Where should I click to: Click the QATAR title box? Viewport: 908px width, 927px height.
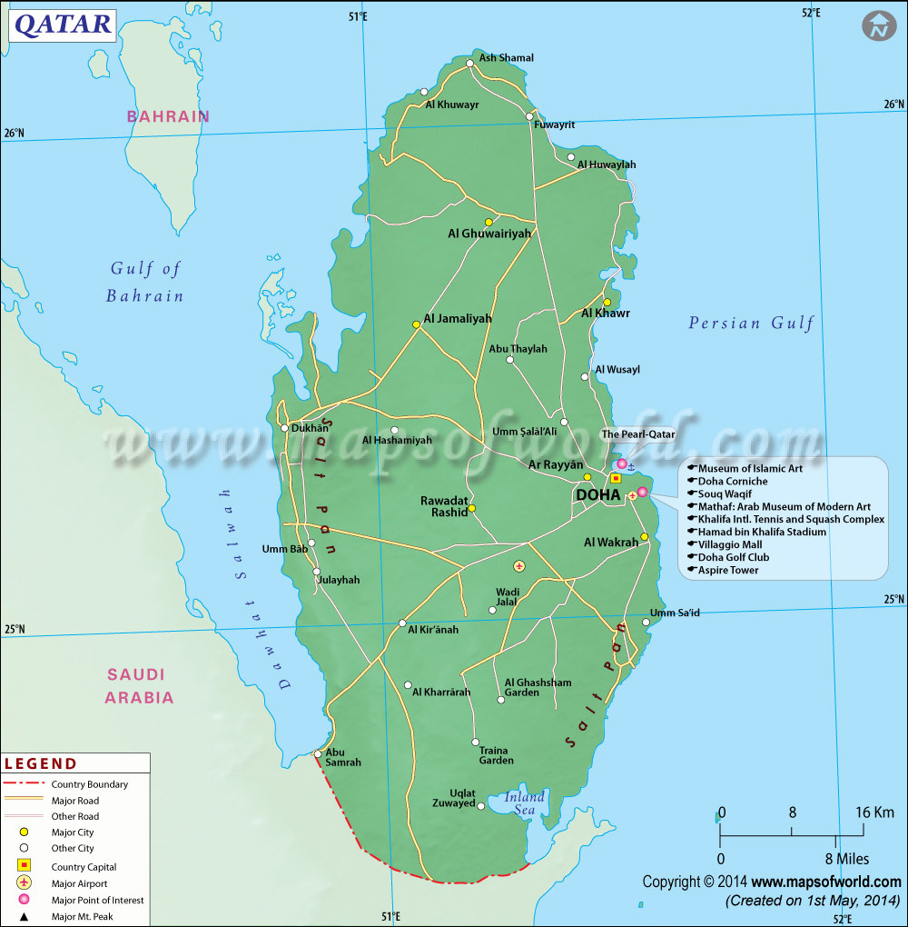pos(62,24)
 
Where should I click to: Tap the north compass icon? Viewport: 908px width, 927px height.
pos(878,25)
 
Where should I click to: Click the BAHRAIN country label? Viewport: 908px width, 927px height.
pos(168,116)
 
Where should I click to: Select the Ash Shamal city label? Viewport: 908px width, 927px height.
pos(506,58)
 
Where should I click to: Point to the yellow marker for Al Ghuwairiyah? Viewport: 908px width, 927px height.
pos(489,222)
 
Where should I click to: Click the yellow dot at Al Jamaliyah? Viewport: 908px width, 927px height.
pos(416,324)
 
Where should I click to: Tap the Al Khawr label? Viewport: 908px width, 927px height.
pos(606,314)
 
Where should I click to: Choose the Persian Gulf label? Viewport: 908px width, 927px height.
pos(751,323)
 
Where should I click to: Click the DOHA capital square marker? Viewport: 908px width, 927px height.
pos(616,478)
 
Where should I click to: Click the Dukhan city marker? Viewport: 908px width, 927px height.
pos(284,428)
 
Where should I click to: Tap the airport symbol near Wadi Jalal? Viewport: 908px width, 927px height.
pos(519,566)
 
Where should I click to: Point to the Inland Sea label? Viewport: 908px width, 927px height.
pos(525,802)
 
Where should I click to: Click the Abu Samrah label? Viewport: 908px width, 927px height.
pos(343,757)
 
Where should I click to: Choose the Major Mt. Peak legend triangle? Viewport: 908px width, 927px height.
pos(25,916)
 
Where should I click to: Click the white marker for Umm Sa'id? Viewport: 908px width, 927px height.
pos(646,623)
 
